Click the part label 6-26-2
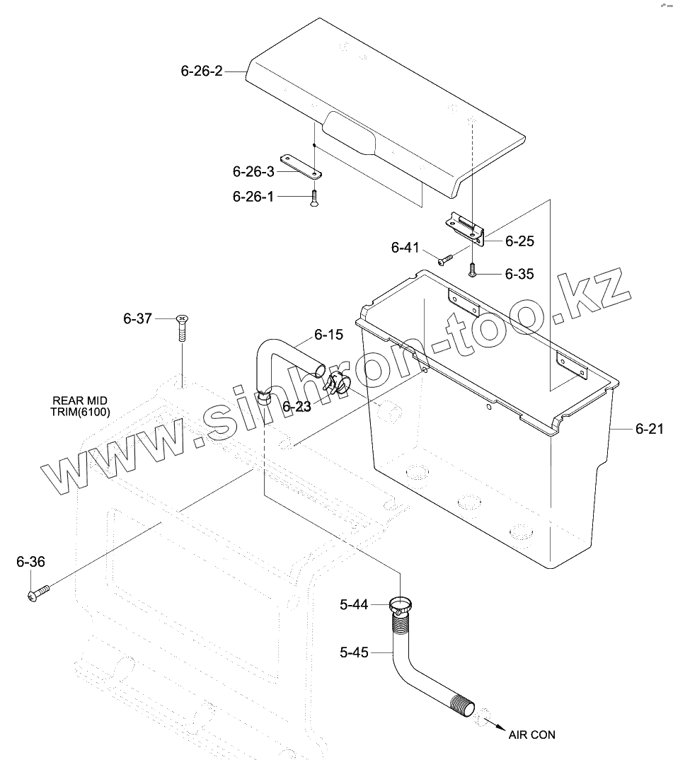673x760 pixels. [202, 71]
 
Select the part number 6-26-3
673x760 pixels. [253, 171]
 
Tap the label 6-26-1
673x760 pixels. [253, 197]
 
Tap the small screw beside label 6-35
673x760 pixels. [472, 270]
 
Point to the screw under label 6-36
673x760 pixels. [38, 592]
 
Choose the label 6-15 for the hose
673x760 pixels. [328, 334]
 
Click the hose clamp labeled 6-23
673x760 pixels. [337, 384]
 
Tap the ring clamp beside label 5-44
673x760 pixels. [402, 606]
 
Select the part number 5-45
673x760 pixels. [354, 652]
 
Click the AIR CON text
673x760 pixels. [531, 735]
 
